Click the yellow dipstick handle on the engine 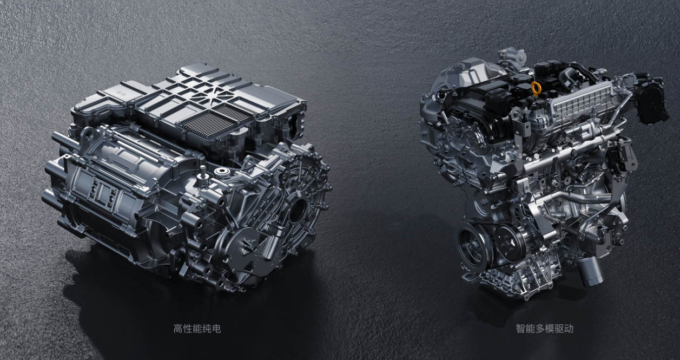[537, 88]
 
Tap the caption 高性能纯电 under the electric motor [197, 329]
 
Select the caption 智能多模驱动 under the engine [545, 329]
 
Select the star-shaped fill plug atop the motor [220, 172]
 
